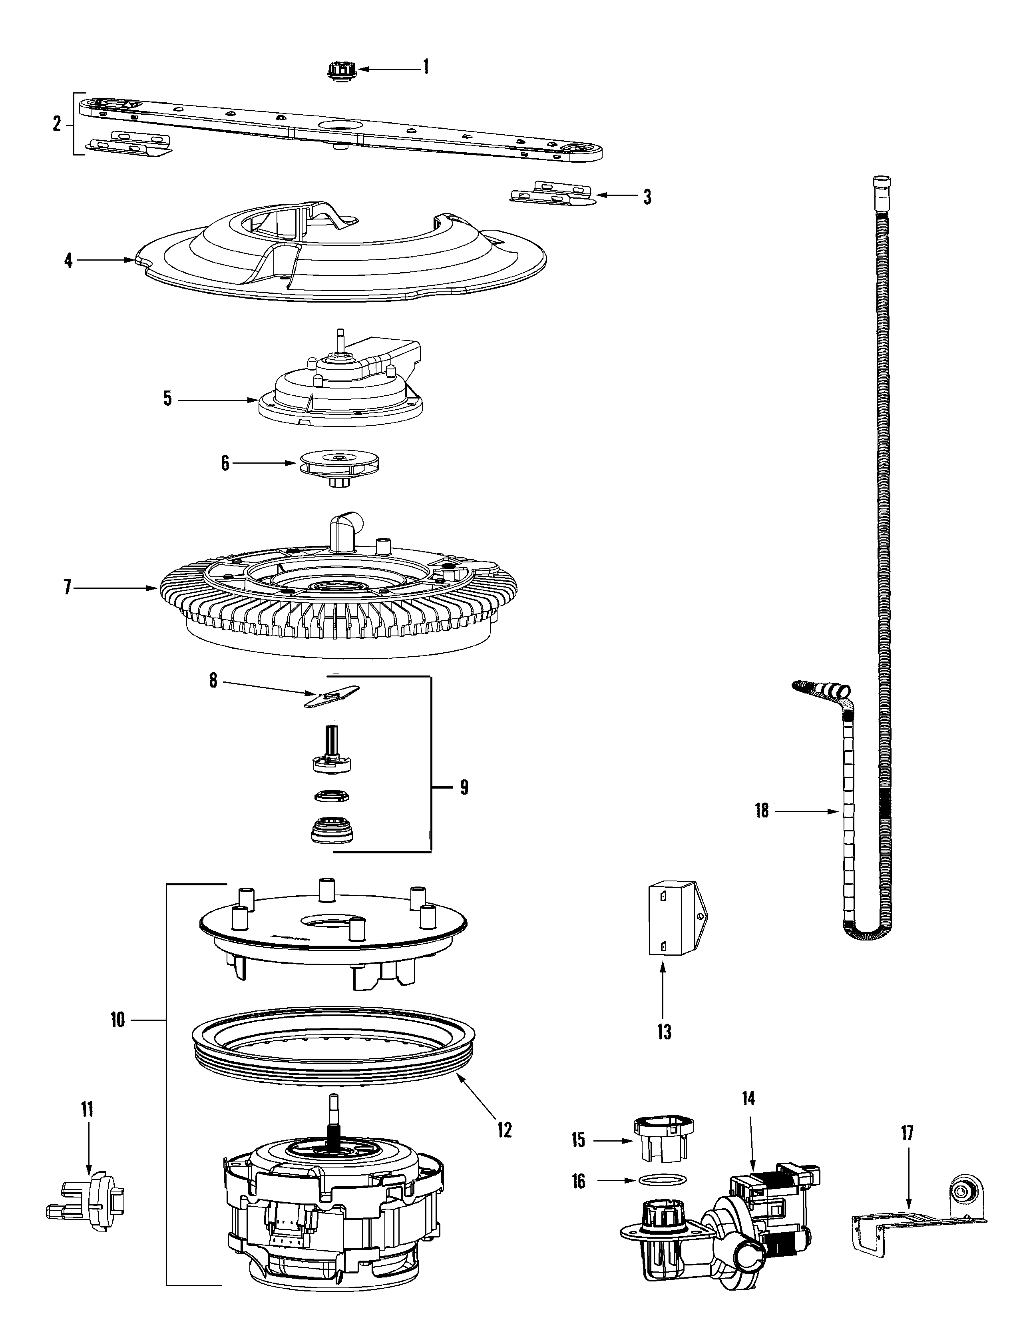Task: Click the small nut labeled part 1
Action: (x=341, y=71)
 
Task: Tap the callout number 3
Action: (x=647, y=197)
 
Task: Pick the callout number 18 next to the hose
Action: (x=761, y=811)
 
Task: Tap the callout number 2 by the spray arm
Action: (x=57, y=124)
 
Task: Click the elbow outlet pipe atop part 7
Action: (x=345, y=526)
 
